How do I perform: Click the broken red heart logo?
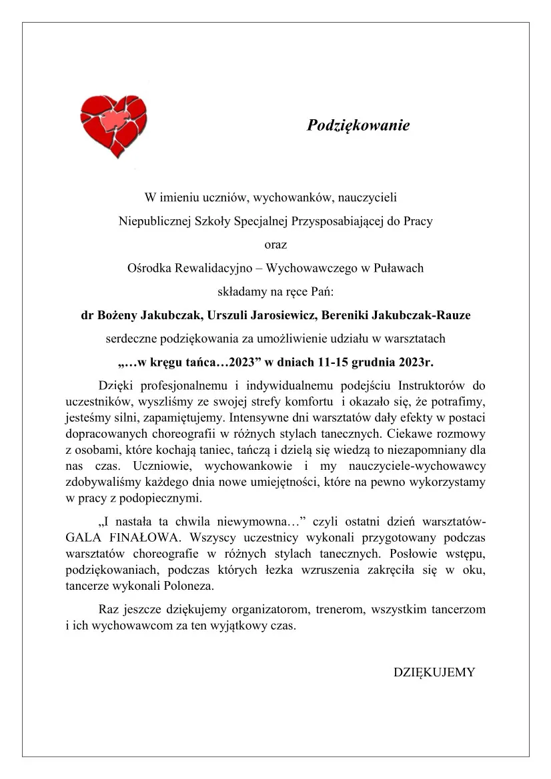(113, 126)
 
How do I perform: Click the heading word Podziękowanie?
(358, 125)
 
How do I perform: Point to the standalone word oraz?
(275, 245)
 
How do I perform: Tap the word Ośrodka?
(148, 268)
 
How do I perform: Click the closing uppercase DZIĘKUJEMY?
(434, 672)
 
